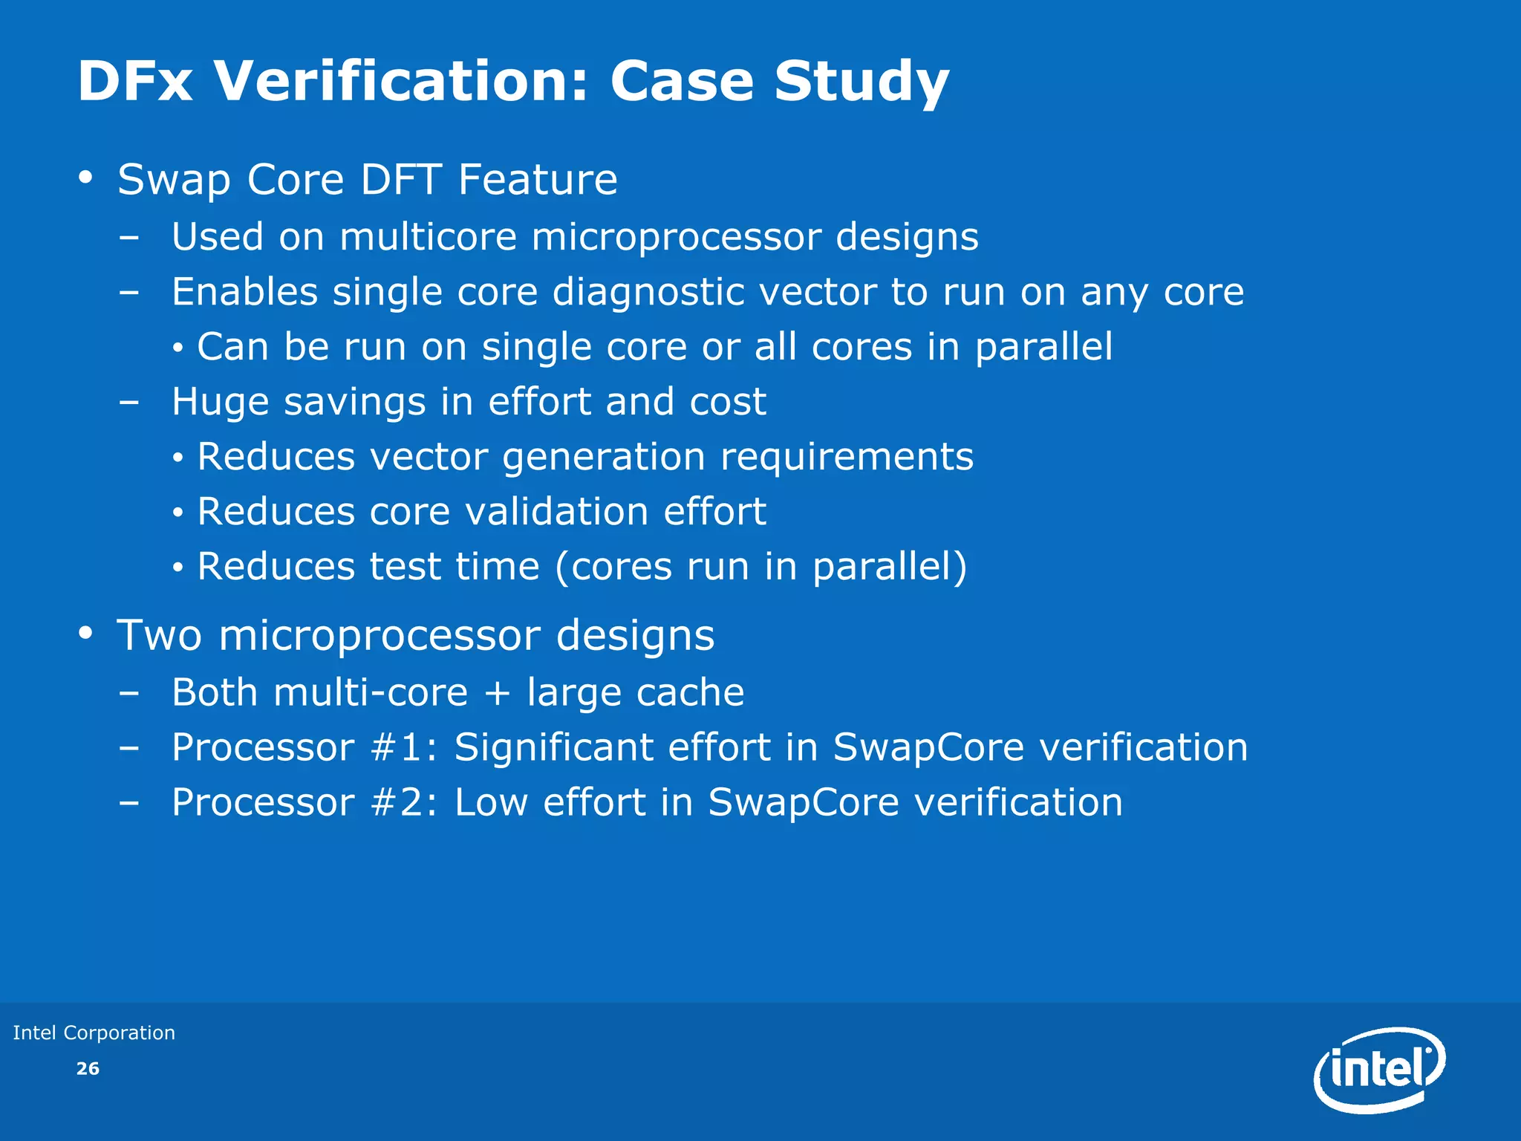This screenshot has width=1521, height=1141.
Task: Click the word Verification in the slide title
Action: (400, 81)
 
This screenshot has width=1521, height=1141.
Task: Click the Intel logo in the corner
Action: (1379, 1070)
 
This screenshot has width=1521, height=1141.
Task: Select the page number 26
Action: (88, 1069)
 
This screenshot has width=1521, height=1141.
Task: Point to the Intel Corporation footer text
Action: (94, 1033)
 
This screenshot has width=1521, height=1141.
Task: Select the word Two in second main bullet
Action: (159, 636)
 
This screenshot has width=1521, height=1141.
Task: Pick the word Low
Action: (490, 802)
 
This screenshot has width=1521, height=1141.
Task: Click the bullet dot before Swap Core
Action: (86, 178)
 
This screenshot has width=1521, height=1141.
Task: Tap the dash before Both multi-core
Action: (129, 693)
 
